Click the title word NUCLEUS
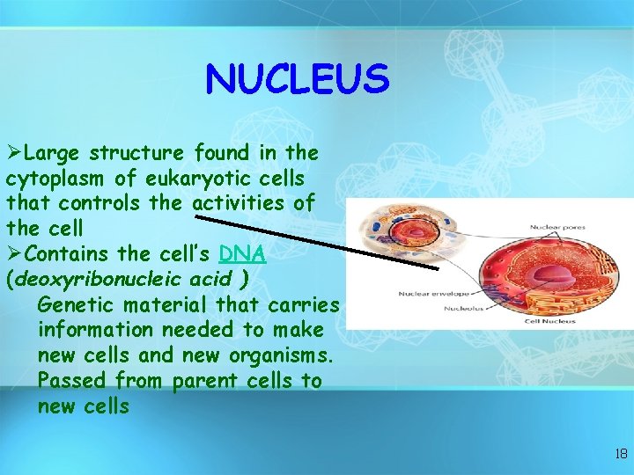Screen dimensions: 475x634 297,80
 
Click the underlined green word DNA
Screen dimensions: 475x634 242,253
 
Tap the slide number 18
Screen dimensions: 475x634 621,454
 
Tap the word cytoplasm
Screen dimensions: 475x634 55,178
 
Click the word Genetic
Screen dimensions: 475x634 77,304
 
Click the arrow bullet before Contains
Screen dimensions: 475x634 14,253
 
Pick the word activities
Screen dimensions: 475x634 240,203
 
